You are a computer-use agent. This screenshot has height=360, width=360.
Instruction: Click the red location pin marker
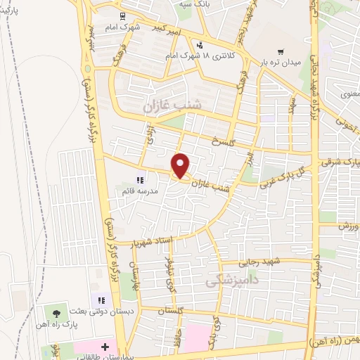[181, 165]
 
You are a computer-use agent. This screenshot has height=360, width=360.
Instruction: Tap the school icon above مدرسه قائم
[140, 180]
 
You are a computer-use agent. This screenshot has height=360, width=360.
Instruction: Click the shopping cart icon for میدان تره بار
[281, 51]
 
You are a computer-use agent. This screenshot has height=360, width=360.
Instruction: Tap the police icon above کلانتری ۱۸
[200, 45]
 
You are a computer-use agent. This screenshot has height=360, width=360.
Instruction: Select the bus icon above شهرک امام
[122, 15]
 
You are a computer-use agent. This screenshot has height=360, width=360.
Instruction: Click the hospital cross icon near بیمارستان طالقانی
[105, 347]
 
